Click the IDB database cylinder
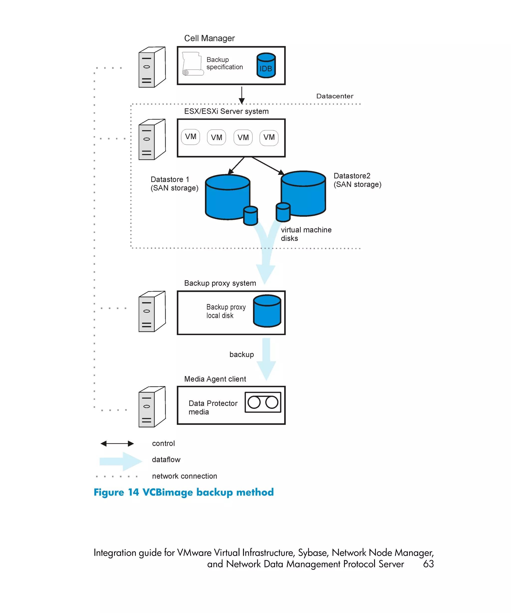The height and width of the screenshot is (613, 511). [266, 65]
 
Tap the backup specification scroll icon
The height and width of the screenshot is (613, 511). [192, 64]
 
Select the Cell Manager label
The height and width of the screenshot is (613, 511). [209, 38]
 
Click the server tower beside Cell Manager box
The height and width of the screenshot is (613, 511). [152, 67]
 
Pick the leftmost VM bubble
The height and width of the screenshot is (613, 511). [190, 137]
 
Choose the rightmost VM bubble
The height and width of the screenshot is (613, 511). [269, 137]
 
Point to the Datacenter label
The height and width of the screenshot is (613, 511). [334, 96]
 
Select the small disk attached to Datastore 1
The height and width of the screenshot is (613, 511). [250, 216]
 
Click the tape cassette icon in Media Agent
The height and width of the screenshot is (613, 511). [262, 402]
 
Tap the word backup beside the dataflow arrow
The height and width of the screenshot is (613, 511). [241, 354]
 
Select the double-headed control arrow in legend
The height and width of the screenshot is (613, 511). [117, 443]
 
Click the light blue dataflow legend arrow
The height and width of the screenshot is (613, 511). [120, 461]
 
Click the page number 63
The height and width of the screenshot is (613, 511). [428, 564]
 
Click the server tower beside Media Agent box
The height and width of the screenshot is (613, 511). [152, 407]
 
